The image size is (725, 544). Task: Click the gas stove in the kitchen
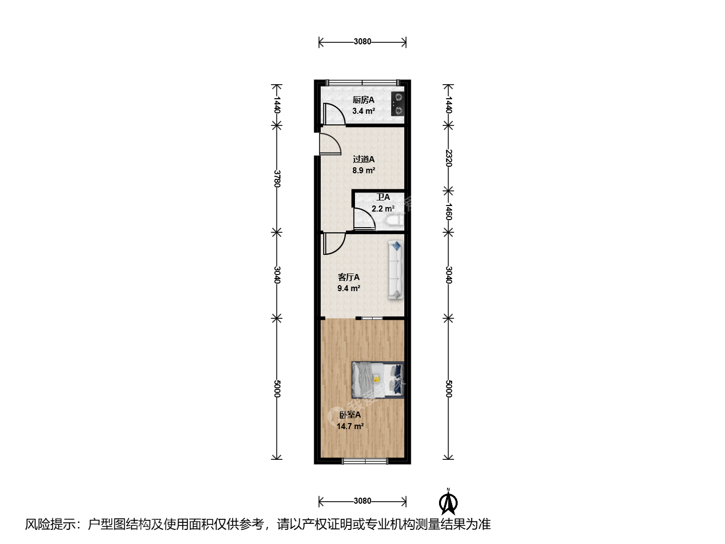click(398, 104)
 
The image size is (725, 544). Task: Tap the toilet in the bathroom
click(395, 220)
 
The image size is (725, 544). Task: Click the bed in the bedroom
click(378, 379)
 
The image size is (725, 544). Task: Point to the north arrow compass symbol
click(448, 502)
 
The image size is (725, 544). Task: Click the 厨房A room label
click(364, 100)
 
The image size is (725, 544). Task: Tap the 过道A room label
click(364, 159)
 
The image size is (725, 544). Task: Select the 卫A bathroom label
click(383, 197)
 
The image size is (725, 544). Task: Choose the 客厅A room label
click(348, 277)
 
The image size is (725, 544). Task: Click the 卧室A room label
click(350, 415)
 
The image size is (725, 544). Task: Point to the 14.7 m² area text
click(350, 426)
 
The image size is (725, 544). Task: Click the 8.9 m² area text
click(364, 170)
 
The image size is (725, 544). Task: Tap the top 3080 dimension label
click(362, 42)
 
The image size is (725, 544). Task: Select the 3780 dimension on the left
click(277, 179)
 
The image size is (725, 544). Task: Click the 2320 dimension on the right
click(448, 158)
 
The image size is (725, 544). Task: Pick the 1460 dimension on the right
click(448, 212)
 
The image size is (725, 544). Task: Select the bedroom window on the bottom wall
click(365, 461)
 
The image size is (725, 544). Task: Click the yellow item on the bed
click(376, 379)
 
